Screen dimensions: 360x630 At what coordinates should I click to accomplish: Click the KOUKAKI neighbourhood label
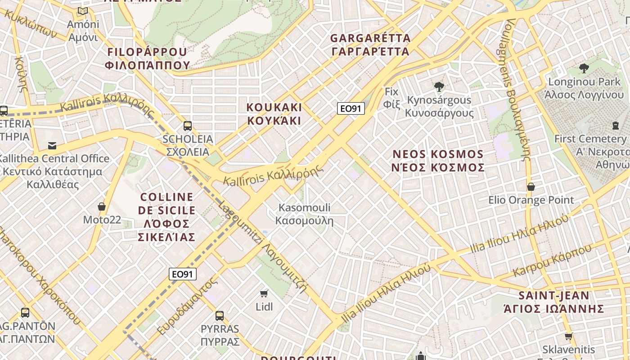pyautogui.click(x=274, y=114)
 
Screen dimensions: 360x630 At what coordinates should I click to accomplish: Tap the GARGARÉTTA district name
pyautogui.click(x=370, y=45)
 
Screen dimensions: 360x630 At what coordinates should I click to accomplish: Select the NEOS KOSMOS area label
pyautogui.click(x=438, y=161)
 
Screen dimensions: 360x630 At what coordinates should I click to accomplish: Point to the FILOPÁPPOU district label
pyautogui.click(x=148, y=58)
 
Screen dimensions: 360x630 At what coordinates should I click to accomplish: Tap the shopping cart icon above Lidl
pyautogui.click(x=264, y=294)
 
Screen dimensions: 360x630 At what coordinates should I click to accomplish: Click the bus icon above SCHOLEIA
pyautogui.click(x=188, y=126)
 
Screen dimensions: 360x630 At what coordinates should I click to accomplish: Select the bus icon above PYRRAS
pyautogui.click(x=220, y=315)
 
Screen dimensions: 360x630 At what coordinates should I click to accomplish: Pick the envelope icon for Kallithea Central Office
pyautogui.click(x=53, y=145)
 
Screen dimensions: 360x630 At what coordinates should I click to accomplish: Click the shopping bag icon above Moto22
pyautogui.click(x=102, y=207)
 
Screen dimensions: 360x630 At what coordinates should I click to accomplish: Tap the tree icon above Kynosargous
pyautogui.click(x=439, y=86)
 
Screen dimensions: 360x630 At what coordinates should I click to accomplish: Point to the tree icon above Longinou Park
pyautogui.click(x=584, y=68)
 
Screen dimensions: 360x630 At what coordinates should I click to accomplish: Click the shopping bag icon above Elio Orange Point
pyautogui.click(x=531, y=186)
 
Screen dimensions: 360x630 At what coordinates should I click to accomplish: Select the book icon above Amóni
pyautogui.click(x=82, y=11)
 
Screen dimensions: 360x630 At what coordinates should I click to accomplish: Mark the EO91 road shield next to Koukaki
pyautogui.click(x=351, y=108)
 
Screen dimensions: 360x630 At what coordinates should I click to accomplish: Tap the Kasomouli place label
pyautogui.click(x=304, y=214)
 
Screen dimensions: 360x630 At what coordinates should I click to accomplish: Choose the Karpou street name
pyautogui.click(x=552, y=261)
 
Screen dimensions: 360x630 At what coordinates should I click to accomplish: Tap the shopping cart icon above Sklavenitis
pyautogui.click(x=568, y=336)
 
